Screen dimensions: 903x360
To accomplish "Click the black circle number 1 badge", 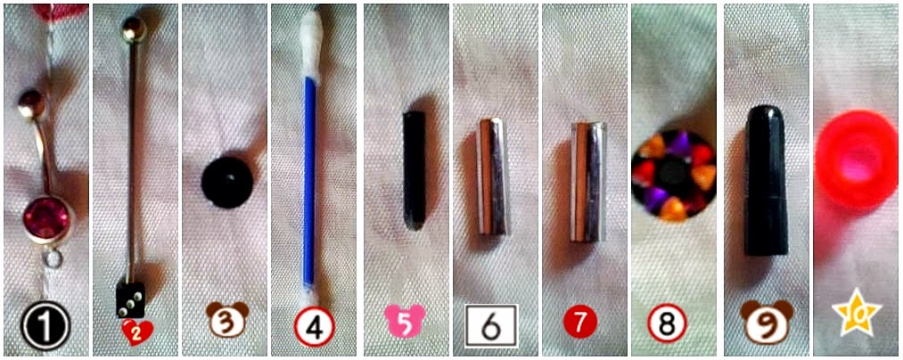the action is pyautogui.click(x=45, y=327).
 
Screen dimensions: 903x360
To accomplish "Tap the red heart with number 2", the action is pyautogui.click(x=137, y=332).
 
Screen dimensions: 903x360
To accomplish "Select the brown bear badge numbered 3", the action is pyautogui.click(x=227, y=319).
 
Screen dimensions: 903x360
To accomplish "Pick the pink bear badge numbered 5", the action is pyautogui.click(x=406, y=321).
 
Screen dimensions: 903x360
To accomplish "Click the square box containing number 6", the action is pyautogui.click(x=491, y=325).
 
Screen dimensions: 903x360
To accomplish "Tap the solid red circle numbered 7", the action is pyautogui.click(x=579, y=323).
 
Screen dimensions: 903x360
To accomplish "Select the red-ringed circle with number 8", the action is pyautogui.click(x=667, y=325).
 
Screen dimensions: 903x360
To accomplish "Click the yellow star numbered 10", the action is pyautogui.click(x=857, y=314).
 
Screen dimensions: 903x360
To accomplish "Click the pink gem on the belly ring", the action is pyautogui.click(x=46, y=218).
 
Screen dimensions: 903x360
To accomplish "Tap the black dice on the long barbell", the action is pyautogui.click(x=131, y=300).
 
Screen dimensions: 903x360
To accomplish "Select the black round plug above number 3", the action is pyautogui.click(x=227, y=182).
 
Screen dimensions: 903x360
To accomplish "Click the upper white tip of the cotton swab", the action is pyautogui.click(x=311, y=42).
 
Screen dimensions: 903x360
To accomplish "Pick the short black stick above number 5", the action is pyautogui.click(x=415, y=170).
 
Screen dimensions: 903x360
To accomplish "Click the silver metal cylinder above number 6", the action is pyautogui.click(x=494, y=176).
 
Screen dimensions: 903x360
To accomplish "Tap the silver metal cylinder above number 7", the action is pyautogui.click(x=588, y=182).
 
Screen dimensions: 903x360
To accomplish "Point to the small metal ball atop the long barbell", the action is pyautogui.click(x=134, y=29).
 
